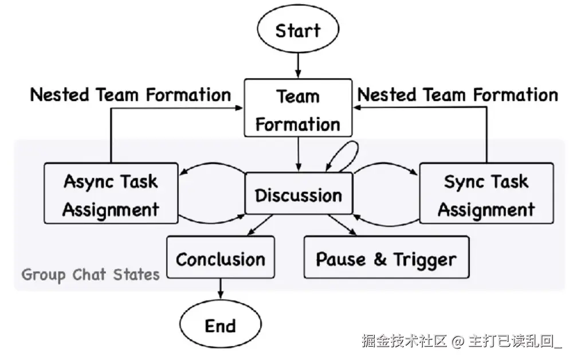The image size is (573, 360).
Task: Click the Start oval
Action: point(297,29)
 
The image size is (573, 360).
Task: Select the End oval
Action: point(221,326)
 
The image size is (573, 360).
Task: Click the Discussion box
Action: point(298,195)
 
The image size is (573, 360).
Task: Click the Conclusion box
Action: point(221,259)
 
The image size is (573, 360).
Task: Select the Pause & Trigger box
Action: point(386,259)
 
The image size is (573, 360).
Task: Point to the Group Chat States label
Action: point(91,275)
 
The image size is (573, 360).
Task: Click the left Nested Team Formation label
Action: point(131,95)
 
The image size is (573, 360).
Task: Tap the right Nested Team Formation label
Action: point(457,95)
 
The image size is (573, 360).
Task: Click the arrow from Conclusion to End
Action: point(221,289)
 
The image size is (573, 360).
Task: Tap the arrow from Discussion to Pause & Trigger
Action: point(342,225)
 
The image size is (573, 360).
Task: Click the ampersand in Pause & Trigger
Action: point(380,260)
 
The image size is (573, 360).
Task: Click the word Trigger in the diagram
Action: point(424,260)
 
